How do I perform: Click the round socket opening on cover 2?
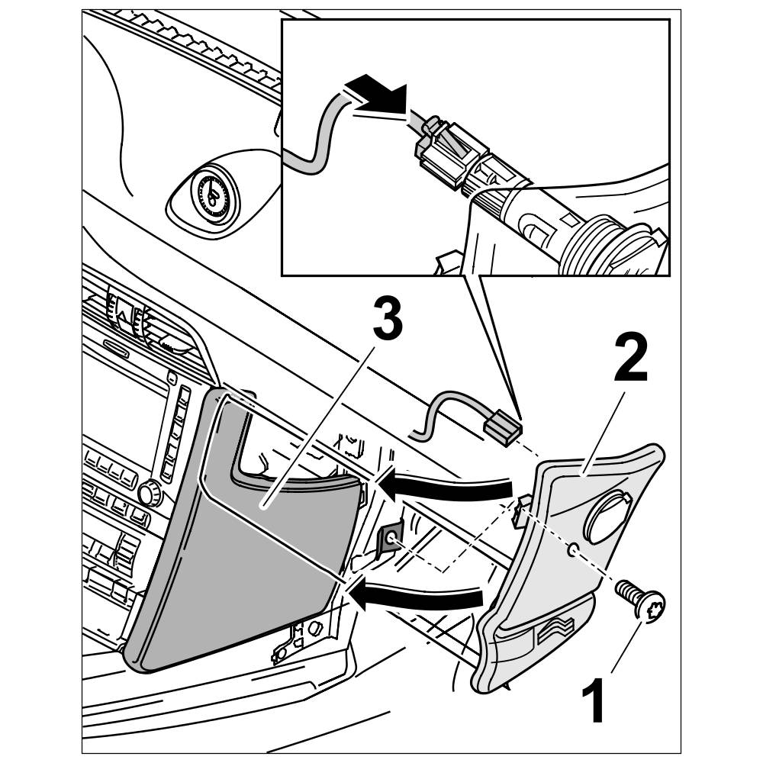[x=606, y=516]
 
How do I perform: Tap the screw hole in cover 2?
[x=572, y=549]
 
